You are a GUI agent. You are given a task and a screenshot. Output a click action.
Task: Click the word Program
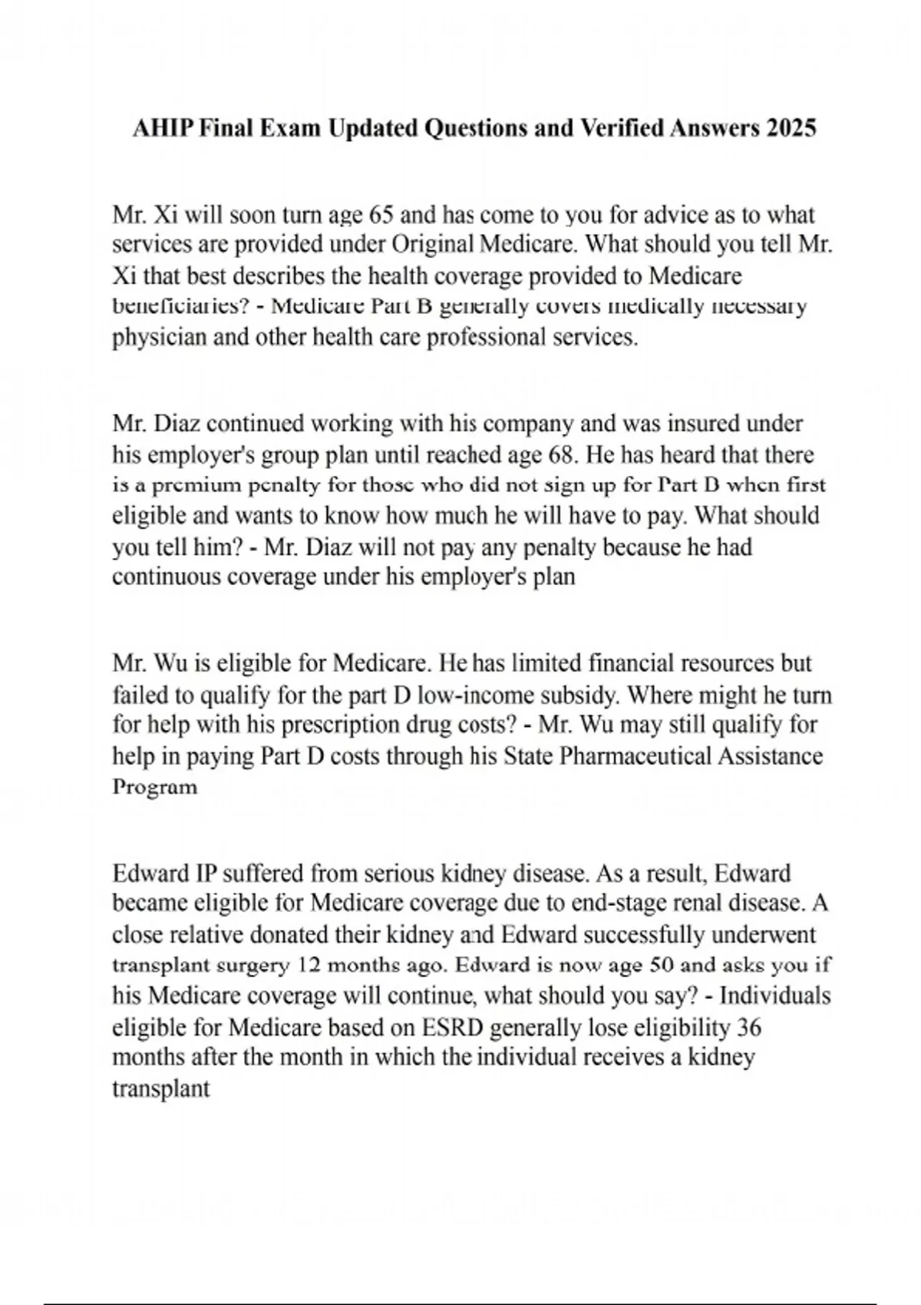click(x=155, y=787)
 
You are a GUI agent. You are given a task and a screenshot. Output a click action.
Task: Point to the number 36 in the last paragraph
click(x=749, y=1027)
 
